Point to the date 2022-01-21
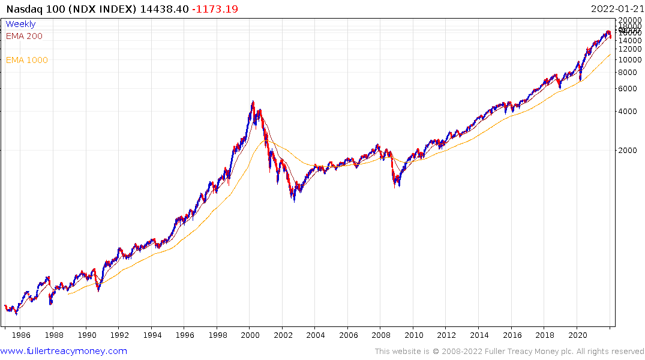click(615, 8)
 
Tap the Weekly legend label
click(20, 24)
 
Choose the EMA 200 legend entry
click(24, 36)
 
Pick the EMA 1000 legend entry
click(26, 60)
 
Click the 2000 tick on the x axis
click(250, 335)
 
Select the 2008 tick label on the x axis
click(381, 335)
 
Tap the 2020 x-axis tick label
click(577, 335)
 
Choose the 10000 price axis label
click(629, 60)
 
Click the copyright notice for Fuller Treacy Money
click(509, 352)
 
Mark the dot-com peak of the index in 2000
click(253, 101)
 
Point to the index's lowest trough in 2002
click(294, 200)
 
